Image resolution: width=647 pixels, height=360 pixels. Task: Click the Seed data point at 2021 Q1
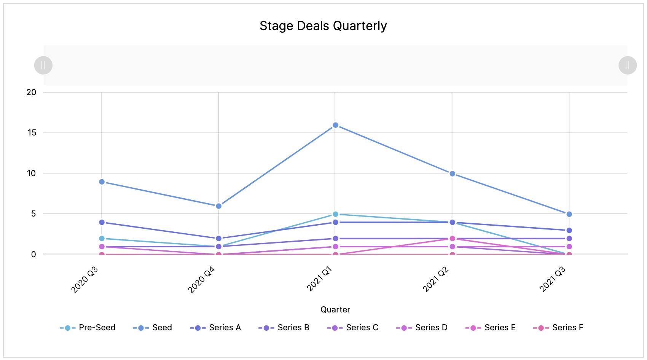(x=335, y=125)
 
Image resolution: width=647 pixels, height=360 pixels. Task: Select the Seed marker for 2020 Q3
(x=102, y=182)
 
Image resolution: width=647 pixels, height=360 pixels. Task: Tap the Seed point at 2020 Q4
(x=218, y=206)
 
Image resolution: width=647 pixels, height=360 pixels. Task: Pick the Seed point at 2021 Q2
(x=452, y=174)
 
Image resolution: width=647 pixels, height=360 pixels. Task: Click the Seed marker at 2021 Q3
(x=569, y=214)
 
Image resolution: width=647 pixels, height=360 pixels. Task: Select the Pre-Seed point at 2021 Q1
(x=335, y=214)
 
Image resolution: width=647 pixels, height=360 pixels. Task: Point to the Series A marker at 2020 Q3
(x=102, y=222)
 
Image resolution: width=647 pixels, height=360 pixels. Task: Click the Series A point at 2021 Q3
(x=569, y=231)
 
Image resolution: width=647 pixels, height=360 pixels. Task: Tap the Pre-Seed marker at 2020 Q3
(x=102, y=239)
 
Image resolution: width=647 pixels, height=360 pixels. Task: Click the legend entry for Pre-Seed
(x=88, y=328)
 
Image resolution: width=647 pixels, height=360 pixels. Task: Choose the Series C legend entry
(x=353, y=328)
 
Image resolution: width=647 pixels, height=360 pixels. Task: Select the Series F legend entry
(x=558, y=328)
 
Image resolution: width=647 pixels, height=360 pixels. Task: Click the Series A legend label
(x=225, y=328)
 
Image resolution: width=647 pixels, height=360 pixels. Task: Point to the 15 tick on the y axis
(x=32, y=133)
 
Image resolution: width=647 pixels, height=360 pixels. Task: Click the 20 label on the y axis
(x=32, y=92)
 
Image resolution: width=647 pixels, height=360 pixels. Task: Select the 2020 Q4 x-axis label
(x=202, y=280)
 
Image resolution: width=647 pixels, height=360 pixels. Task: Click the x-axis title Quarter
(x=335, y=310)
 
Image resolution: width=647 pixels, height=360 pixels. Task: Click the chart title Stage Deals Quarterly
(x=323, y=26)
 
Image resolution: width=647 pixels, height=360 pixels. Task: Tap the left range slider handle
(x=43, y=65)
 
